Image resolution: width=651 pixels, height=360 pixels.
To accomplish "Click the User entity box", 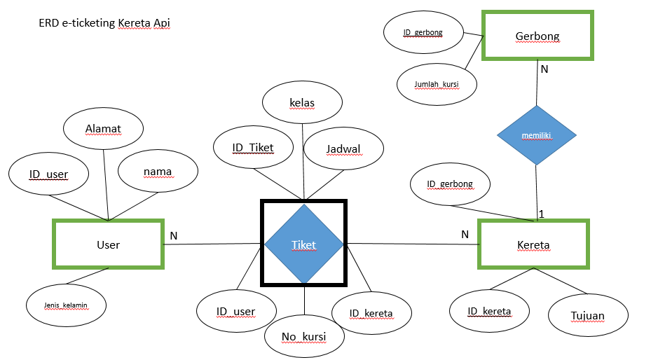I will click(109, 244).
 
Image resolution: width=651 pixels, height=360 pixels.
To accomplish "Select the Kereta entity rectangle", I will click(533, 244).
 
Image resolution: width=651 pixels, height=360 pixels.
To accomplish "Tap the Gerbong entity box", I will click(537, 35).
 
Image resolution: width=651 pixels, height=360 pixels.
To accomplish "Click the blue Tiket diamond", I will click(304, 244).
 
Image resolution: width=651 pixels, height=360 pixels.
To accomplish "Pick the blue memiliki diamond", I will click(537, 135).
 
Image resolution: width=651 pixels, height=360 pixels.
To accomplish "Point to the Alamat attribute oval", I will click(104, 129).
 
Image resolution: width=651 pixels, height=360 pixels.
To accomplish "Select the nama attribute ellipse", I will click(158, 172).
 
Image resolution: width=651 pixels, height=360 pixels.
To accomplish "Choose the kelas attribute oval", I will click(302, 103).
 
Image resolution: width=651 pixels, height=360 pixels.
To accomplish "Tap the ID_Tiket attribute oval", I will click(253, 148).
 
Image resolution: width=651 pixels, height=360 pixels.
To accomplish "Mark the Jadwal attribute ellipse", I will click(343, 148).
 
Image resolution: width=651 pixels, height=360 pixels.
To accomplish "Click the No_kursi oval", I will click(305, 338).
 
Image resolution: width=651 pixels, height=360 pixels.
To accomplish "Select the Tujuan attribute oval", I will click(588, 315).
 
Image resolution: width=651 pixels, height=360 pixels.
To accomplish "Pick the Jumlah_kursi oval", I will click(437, 85).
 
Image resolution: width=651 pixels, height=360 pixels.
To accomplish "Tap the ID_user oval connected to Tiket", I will click(235, 312).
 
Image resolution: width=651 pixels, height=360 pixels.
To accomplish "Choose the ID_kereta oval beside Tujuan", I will click(489, 312).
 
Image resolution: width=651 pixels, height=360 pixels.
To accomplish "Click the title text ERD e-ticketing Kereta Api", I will click(104, 23).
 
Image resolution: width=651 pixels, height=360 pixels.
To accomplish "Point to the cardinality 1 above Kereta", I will click(541, 213).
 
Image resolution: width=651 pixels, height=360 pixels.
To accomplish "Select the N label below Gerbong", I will click(544, 69).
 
